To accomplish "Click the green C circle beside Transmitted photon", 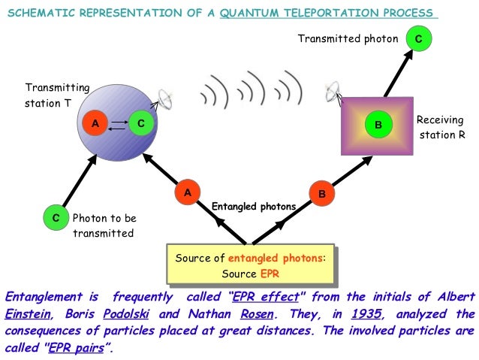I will point(418,38).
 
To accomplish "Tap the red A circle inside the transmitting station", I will point(95,123).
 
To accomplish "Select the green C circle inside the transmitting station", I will point(140,123).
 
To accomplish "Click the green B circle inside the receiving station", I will point(378,124).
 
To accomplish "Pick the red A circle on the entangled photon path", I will point(188,192).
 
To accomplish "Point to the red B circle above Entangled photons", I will point(321,194).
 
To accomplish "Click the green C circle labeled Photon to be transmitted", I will point(56,218).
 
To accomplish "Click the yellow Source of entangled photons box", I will point(251,265).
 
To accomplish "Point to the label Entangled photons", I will point(253,206).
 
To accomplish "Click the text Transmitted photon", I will point(348,38).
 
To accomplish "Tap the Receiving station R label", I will point(440,128).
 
